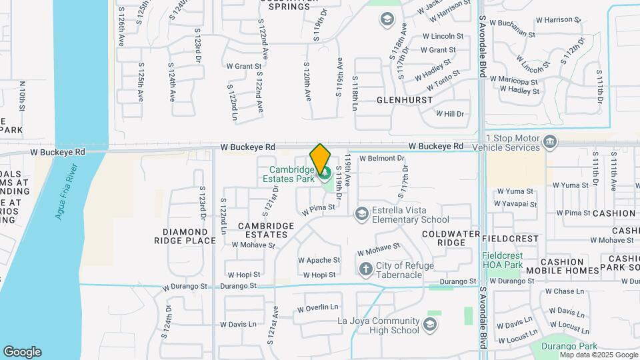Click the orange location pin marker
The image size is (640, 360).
[320, 158]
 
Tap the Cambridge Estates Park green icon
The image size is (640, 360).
[326, 175]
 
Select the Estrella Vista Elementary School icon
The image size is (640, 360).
[361, 213]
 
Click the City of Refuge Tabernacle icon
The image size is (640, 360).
[365, 269]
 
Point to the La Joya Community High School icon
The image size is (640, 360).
[431, 325]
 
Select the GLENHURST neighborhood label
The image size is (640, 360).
[405, 100]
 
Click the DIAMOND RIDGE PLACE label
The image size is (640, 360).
[189, 236]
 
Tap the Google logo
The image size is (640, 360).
[22, 352]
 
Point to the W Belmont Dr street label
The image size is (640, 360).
[382, 159]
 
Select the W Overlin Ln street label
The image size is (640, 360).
[318, 307]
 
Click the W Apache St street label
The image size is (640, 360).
[319, 260]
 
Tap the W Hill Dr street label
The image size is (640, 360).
[449, 114]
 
